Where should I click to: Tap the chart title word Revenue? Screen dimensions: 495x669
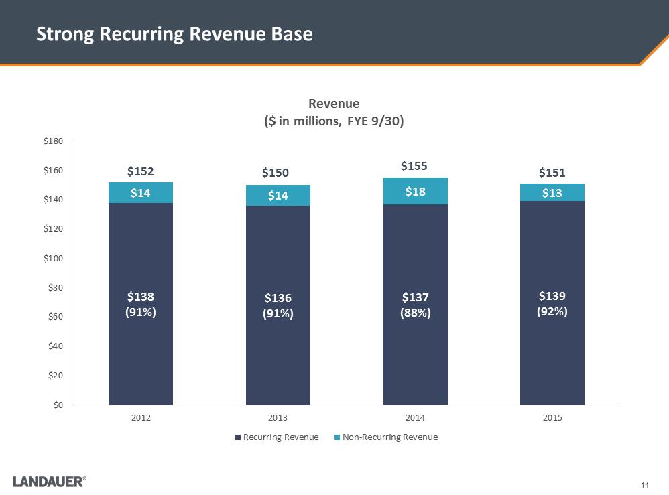click(334, 104)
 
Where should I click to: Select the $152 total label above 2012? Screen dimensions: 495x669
click(141, 171)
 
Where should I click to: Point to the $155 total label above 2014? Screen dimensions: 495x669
click(415, 165)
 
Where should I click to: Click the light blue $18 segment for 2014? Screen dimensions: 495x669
click(415, 191)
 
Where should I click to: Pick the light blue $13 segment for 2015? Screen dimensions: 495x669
click(552, 192)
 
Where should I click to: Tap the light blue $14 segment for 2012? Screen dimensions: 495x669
click(141, 193)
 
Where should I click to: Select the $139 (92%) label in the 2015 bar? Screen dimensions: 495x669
click(552, 303)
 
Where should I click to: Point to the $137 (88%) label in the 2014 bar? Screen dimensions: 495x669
click(415, 304)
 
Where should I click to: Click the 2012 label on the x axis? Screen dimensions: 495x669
click(141, 418)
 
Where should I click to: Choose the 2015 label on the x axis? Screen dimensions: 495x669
click(552, 418)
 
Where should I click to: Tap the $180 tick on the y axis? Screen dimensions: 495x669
click(53, 141)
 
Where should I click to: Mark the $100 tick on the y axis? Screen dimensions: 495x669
click(53, 259)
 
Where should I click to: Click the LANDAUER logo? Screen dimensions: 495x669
click(49, 481)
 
